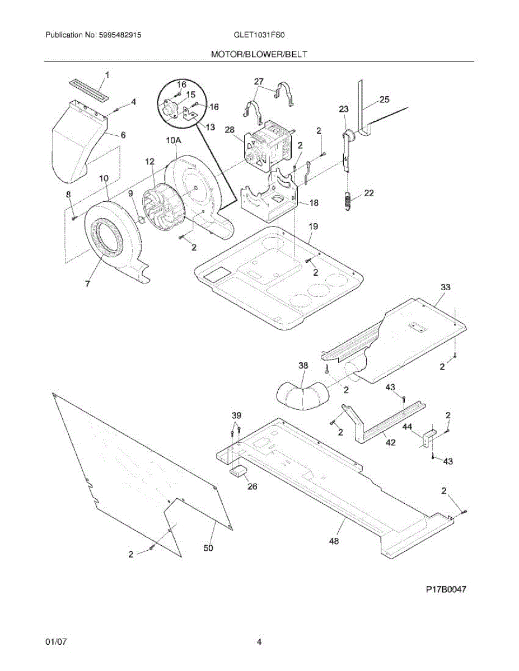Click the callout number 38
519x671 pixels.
[303, 366]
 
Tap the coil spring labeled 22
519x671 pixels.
[348, 201]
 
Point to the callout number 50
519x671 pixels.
[208, 549]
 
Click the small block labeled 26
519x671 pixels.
[240, 470]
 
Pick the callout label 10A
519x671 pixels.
[173, 141]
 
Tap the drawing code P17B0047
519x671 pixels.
[446, 589]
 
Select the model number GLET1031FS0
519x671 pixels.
[259, 35]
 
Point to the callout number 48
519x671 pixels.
[334, 541]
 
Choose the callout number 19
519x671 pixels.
[313, 226]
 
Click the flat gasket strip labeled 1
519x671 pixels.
[90, 88]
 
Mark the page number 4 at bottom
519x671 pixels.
[259, 642]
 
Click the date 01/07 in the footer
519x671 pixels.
[55, 642]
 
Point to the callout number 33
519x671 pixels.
[445, 287]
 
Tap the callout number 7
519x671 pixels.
[87, 284]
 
